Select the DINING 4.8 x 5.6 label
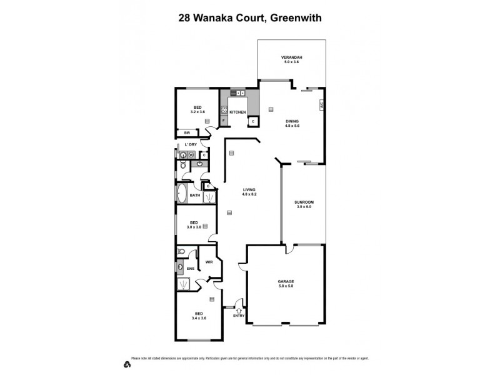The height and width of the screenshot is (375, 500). coord(292,123)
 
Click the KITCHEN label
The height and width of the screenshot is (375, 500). coord(237,112)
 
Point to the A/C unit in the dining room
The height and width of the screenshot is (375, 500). coord(321,106)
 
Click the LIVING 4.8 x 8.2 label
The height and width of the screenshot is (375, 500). coord(250,192)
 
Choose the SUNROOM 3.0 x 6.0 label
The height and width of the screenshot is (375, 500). coord(304,204)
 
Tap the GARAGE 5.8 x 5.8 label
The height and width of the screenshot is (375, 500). coord(286,283)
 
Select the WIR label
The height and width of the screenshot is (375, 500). coord(209,262)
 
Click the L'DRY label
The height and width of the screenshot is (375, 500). coord(191,145)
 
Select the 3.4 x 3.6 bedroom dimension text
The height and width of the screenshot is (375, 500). coord(199,318)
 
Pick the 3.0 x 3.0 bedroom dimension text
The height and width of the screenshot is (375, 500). coord(194,227)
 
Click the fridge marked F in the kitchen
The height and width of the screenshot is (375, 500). coord(223,119)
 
